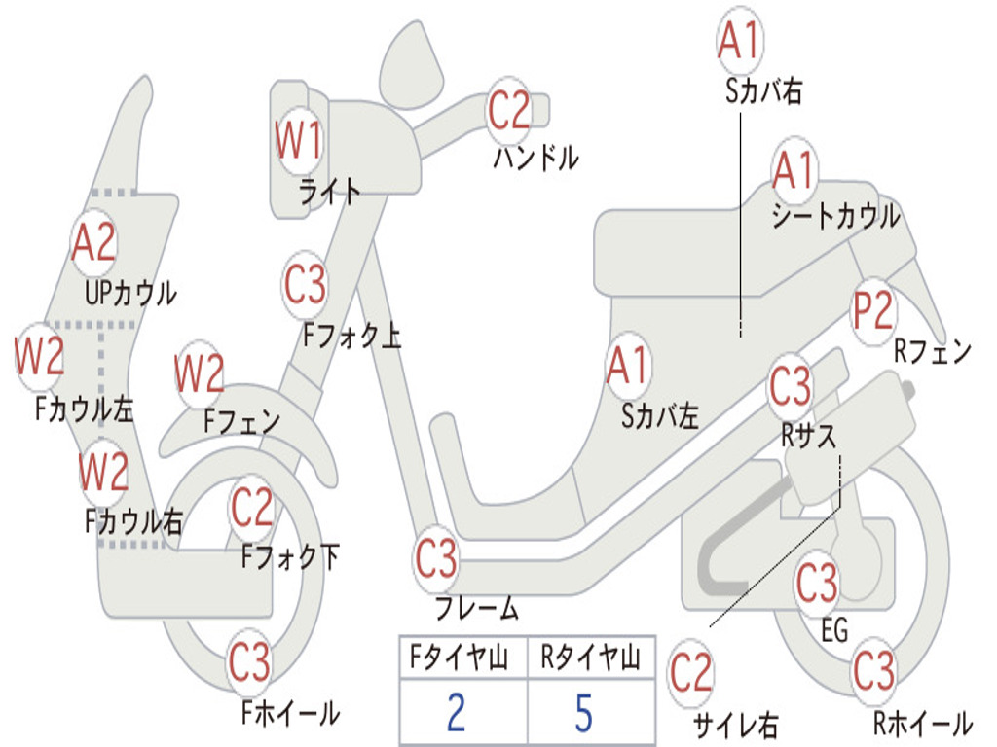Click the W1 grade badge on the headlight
(x=299, y=142)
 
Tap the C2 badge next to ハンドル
(x=508, y=110)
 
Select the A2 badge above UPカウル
(x=93, y=243)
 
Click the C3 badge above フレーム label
(x=436, y=559)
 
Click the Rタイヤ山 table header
(x=590, y=659)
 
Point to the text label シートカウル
(x=835, y=217)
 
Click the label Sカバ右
(x=763, y=91)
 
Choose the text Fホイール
(x=290, y=714)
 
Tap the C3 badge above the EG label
(x=816, y=583)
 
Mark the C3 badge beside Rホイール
(x=873, y=670)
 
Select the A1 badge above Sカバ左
(x=628, y=367)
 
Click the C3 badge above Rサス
(x=790, y=386)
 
